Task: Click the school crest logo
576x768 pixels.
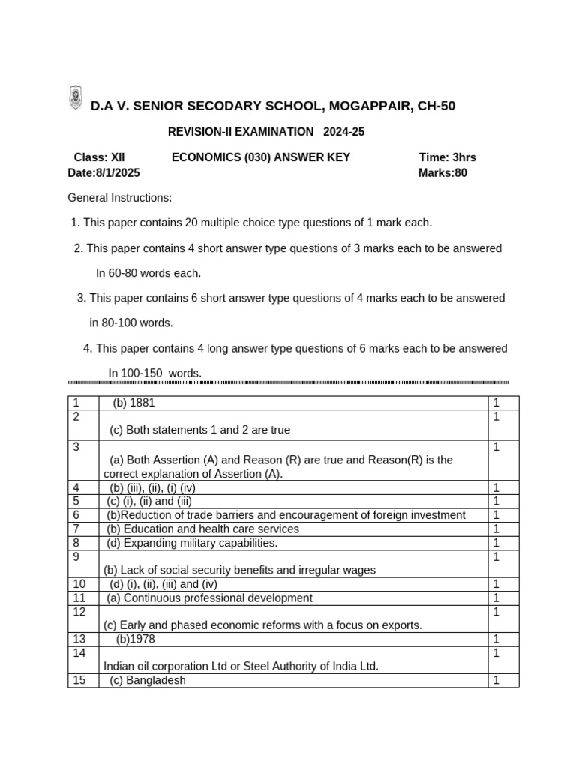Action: coord(76,98)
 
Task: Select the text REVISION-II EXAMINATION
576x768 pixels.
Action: coord(241,132)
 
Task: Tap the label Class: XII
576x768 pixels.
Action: coord(99,157)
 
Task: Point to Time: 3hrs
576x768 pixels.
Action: coord(447,157)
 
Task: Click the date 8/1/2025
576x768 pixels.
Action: coord(117,172)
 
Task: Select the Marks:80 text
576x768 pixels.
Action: coord(442,172)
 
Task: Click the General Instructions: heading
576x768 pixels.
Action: coord(120,198)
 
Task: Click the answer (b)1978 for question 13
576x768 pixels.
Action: coord(136,639)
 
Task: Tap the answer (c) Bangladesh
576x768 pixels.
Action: coord(148,680)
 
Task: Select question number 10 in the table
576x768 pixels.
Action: coord(79,584)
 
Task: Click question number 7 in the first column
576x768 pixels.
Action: coord(76,529)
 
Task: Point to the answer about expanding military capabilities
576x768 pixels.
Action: coord(192,543)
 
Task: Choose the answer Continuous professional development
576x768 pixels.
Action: coord(210,598)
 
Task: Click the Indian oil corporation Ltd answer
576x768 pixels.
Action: coord(241,666)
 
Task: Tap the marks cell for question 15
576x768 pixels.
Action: coord(496,680)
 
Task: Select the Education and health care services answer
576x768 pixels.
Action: coord(202,529)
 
